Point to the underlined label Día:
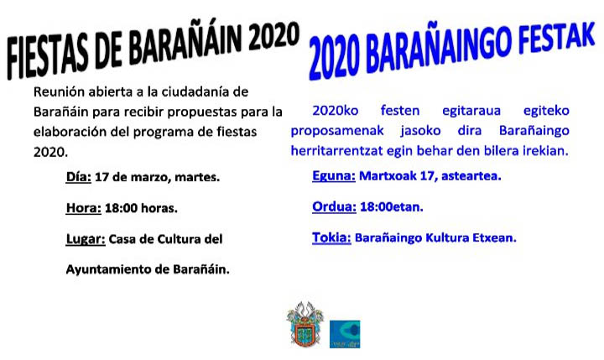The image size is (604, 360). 79,177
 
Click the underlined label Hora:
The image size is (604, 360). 84,208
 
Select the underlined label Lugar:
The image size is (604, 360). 86,239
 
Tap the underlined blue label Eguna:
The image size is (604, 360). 334,176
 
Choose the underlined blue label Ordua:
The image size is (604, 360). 334,207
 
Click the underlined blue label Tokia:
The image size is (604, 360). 331,237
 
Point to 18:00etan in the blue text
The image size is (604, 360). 392,207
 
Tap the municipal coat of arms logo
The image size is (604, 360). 305,325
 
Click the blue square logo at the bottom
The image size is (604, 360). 345,334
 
